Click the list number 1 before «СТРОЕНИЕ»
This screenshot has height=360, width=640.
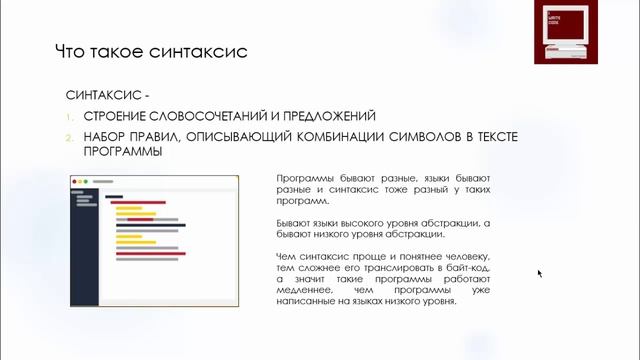[73, 117]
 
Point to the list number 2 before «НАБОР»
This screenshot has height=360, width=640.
[73, 137]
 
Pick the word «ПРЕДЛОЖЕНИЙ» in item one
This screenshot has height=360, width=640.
[327, 117]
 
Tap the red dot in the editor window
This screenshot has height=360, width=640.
[75, 181]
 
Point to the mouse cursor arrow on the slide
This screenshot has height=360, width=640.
[539, 272]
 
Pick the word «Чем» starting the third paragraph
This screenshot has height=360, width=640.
[285, 258]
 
